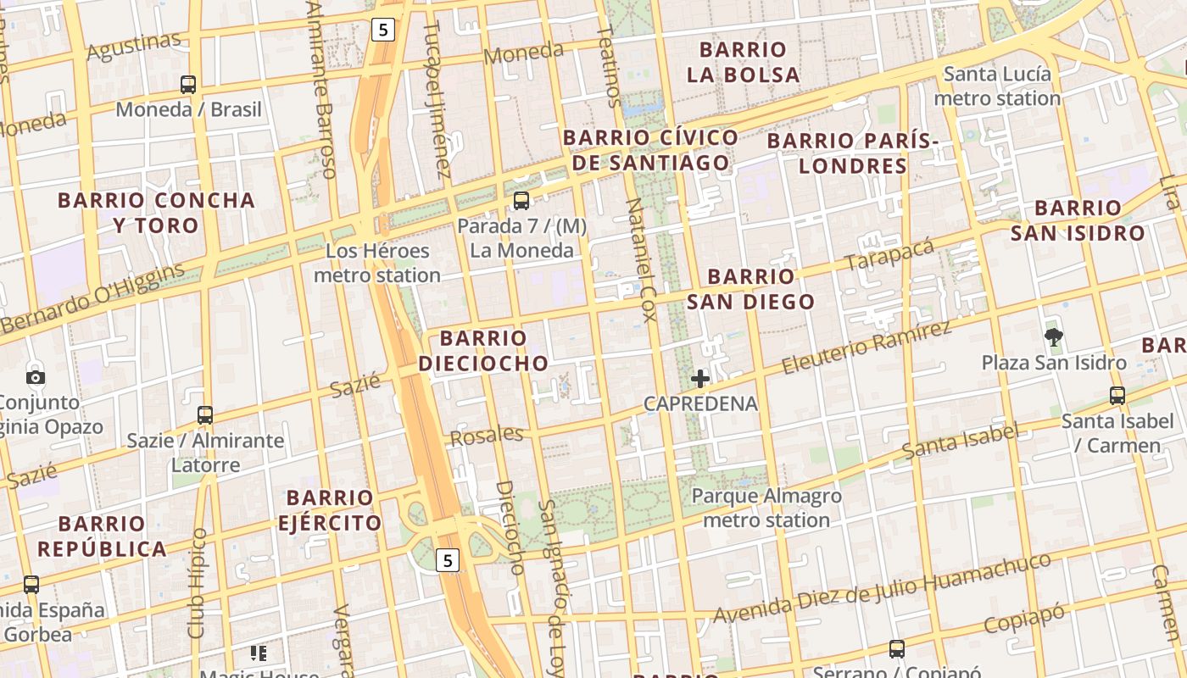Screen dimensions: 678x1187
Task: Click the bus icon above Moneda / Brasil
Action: [188, 85]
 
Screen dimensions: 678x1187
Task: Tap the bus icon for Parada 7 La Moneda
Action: [521, 201]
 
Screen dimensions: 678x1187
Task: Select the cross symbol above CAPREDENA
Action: [700, 378]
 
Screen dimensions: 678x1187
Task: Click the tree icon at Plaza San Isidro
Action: [1054, 337]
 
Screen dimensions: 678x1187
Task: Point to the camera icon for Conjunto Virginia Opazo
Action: [36, 377]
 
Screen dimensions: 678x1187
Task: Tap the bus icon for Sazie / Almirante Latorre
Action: [205, 415]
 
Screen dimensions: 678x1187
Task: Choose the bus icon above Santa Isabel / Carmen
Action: [1117, 395]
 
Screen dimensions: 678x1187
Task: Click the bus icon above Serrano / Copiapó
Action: [897, 649]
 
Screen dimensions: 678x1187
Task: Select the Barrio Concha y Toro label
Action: [156, 213]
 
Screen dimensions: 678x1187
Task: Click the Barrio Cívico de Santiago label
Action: [650, 150]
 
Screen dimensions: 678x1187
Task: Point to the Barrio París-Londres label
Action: [853, 153]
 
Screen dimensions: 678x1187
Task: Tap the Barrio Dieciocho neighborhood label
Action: [483, 351]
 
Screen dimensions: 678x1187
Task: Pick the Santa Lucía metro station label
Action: [997, 86]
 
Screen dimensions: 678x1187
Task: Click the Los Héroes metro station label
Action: [377, 263]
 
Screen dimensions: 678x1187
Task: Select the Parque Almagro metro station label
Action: [766, 508]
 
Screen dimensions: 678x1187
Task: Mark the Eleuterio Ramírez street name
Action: [867, 347]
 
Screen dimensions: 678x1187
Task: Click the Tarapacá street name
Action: [889, 254]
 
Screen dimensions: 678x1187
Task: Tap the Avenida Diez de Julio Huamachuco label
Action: [882, 588]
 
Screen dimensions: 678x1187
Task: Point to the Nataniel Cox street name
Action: [641, 260]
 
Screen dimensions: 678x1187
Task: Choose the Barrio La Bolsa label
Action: [744, 62]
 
